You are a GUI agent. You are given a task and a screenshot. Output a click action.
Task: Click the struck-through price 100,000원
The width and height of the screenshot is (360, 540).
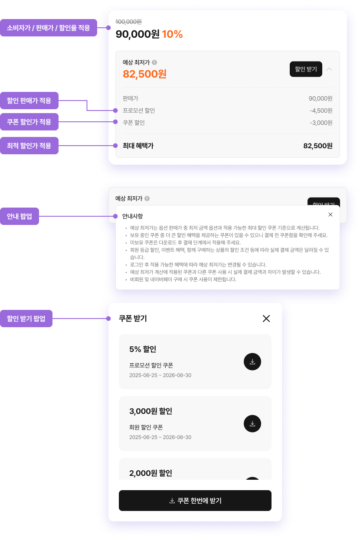[129, 22]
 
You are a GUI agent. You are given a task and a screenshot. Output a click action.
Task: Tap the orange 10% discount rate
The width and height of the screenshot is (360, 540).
[172, 34]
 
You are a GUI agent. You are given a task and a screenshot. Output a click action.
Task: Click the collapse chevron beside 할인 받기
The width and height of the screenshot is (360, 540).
[329, 69]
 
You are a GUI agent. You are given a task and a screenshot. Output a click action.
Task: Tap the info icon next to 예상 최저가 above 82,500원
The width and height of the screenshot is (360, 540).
[154, 62]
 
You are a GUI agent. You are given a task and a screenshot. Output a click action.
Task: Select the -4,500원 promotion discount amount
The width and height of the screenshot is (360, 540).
[321, 111]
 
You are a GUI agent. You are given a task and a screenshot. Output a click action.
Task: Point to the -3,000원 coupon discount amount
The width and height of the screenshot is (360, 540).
[321, 123]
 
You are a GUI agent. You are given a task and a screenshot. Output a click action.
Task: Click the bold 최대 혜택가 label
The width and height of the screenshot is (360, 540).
[138, 146]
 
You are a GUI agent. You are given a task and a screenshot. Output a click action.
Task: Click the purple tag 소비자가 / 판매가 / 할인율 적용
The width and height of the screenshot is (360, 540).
[49, 28]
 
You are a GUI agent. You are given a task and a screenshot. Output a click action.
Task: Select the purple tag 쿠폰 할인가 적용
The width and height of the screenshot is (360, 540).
[29, 122]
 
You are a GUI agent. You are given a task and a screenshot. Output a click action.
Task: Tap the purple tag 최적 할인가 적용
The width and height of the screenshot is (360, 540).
[29, 146]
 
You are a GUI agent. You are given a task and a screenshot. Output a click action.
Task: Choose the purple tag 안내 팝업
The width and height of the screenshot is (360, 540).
[20, 216]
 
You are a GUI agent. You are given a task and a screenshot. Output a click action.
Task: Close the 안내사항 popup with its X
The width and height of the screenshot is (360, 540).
[331, 215]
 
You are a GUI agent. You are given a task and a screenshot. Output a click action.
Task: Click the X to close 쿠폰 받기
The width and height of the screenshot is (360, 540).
[266, 319]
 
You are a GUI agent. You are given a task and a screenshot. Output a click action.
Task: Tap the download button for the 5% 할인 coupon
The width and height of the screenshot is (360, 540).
[252, 361]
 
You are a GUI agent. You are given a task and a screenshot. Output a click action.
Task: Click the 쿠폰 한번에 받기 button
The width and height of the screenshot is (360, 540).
[195, 501]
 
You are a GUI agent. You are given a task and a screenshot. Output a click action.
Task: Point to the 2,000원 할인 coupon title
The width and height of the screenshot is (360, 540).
[151, 473]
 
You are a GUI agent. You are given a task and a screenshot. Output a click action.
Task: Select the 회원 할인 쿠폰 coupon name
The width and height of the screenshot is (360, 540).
[146, 427]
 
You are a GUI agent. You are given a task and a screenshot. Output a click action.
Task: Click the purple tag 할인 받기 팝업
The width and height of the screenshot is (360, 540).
[26, 319]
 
